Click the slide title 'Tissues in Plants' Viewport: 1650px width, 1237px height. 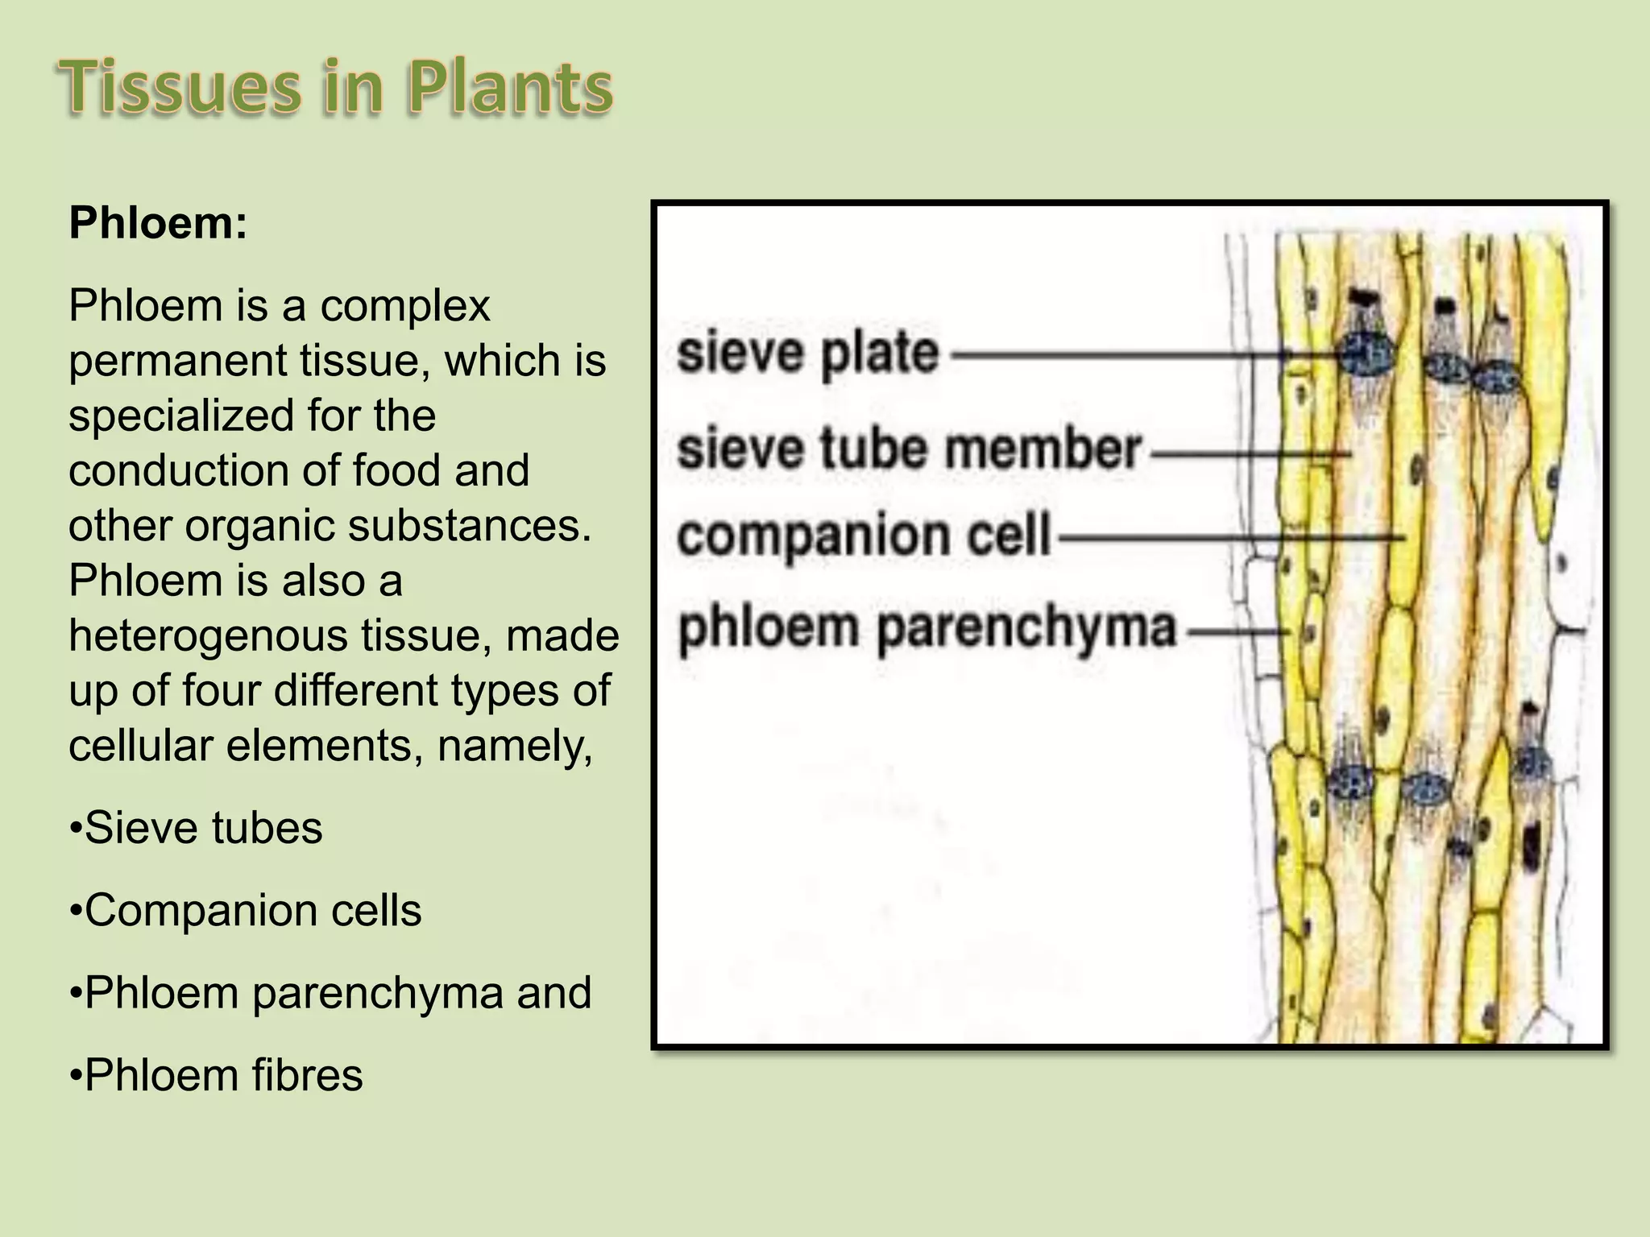[x=336, y=88]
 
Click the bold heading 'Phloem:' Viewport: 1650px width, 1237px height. [x=158, y=223]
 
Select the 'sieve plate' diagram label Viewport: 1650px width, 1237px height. [x=808, y=354]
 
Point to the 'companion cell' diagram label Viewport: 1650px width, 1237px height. [x=864, y=536]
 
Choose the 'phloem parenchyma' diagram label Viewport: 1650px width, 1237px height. [x=928, y=628]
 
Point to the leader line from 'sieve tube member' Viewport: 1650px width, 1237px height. [x=1249, y=454]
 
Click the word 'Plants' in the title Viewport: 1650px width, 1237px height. [x=510, y=88]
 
